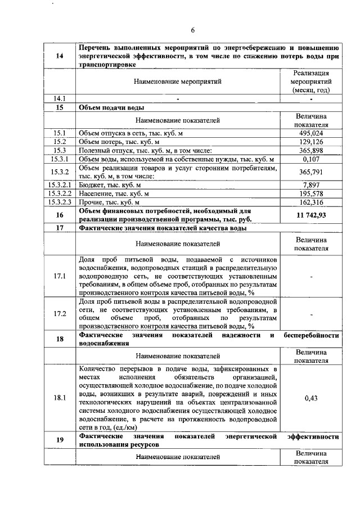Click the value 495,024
pyautogui.click(x=311, y=133)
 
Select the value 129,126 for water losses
pyautogui.click(x=311, y=142)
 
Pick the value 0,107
pyautogui.click(x=311, y=159)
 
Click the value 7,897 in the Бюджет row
pyautogui.click(x=311, y=184)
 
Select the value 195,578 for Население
pyautogui.click(x=311, y=193)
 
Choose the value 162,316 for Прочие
pyautogui.click(x=311, y=202)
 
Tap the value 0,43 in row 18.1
pyautogui.click(x=311, y=398)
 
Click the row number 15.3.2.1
pyautogui.click(x=60, y=184)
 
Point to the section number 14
pyautogui.click(x=60, y=56)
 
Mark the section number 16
pyautogui.click(x=60, y=215)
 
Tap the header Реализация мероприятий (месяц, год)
pyautogui.click(x=311, y=82)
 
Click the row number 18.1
pyautogui.click(x=60, y=398)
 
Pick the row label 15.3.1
pyautogui.click(x=60, y=159)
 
